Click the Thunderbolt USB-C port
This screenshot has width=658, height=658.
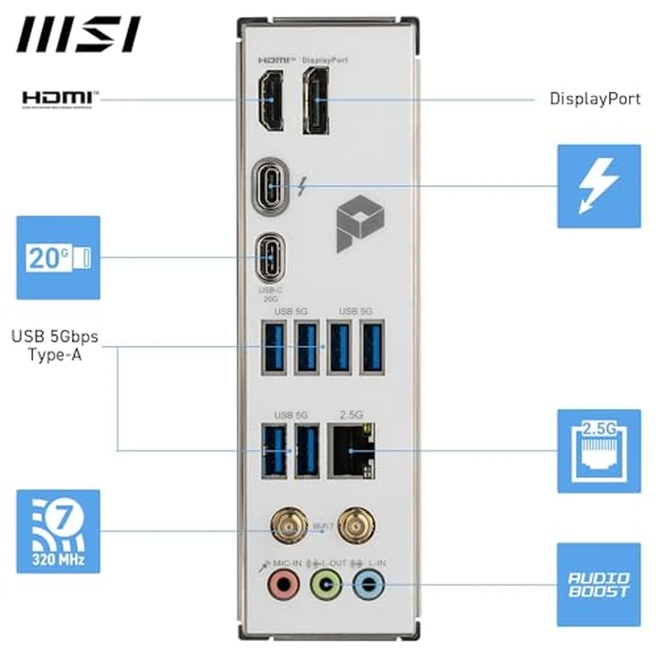click(273, 185)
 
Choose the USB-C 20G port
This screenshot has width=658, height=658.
click(272, 255)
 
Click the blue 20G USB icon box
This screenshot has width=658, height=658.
click(58, 257)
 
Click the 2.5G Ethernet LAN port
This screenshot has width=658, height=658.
click(352, 449)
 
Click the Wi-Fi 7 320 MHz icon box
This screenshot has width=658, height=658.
click(58, 531)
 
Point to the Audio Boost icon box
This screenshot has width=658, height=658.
click(599, 585)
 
